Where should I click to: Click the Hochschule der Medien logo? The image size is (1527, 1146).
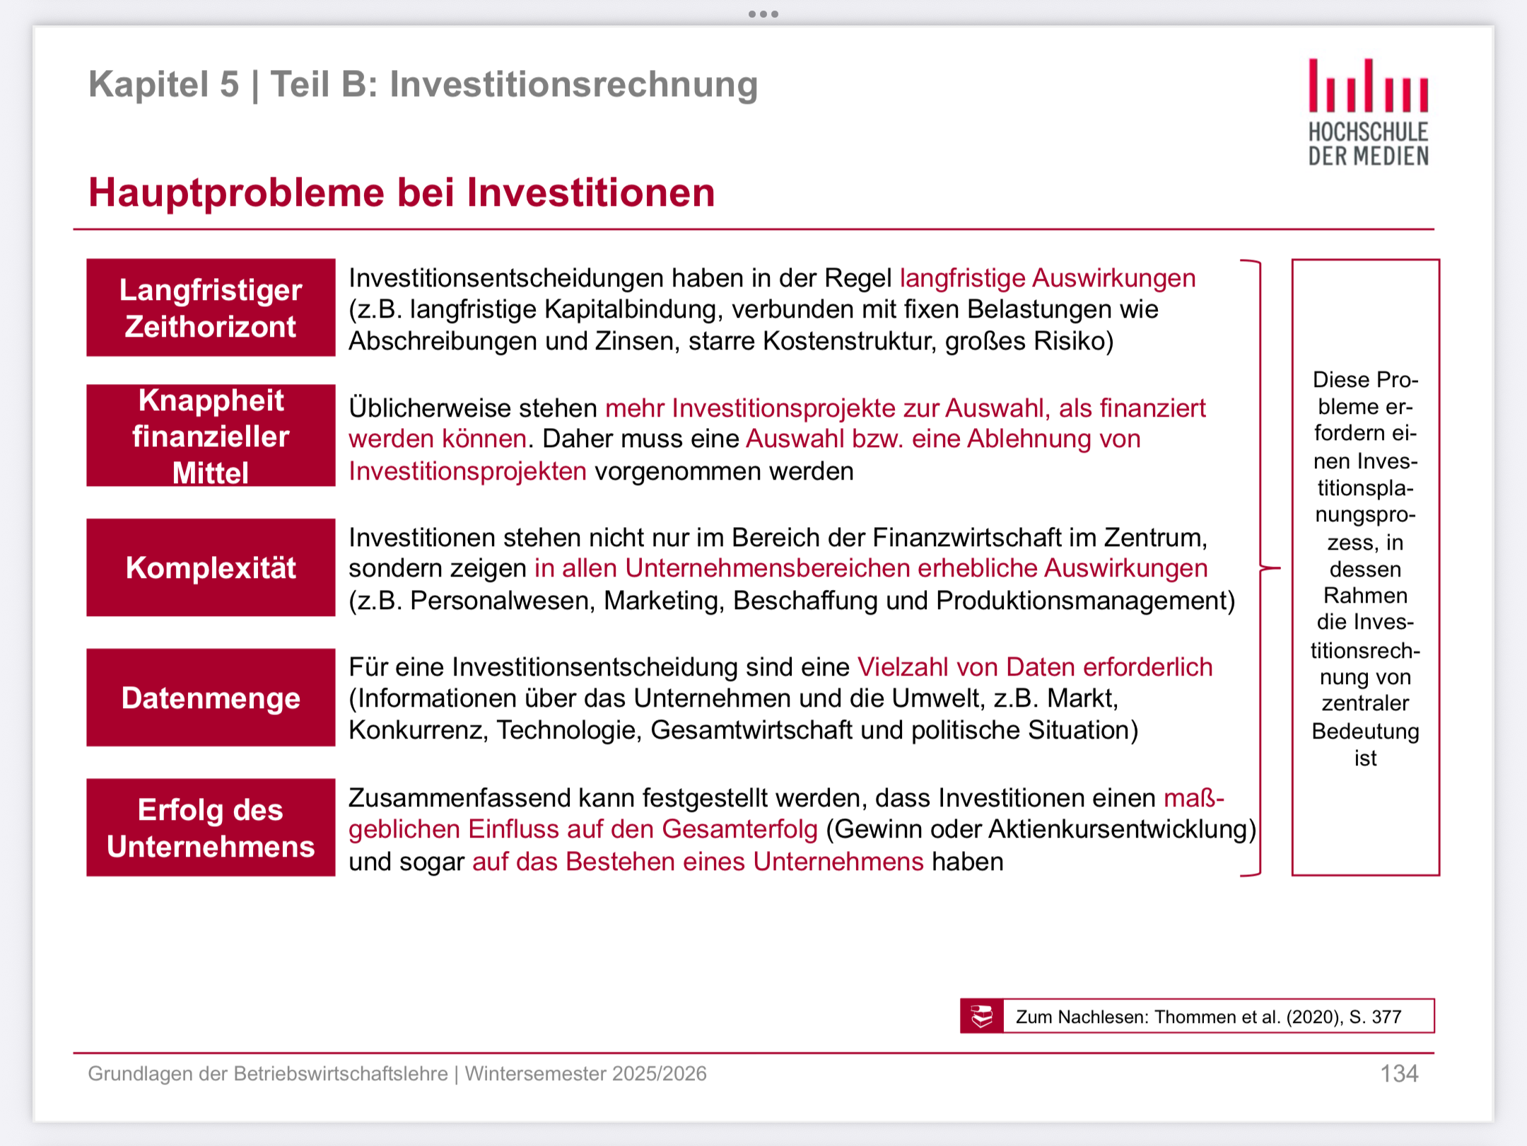1368,112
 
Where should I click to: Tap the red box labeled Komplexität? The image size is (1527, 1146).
211,567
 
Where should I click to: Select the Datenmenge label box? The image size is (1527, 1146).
211,698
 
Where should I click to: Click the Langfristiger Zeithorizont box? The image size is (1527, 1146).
211,308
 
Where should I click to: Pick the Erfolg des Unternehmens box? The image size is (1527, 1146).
211,828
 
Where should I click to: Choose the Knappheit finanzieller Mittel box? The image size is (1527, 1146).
211,436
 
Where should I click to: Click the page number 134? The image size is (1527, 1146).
1399,1074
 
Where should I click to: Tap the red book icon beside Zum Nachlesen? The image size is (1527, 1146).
981,1017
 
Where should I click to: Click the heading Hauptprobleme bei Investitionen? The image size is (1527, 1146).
402,192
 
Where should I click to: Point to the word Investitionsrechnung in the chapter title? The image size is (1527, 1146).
574,85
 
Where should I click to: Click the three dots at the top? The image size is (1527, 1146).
763,14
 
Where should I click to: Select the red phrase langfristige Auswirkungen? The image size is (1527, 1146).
1048,278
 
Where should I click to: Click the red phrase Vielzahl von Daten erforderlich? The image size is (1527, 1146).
1035,667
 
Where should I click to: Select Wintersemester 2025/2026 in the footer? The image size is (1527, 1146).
585,1074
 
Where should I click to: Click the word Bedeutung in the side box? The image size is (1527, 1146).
1365,731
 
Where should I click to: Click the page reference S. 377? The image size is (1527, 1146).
1375,1017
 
